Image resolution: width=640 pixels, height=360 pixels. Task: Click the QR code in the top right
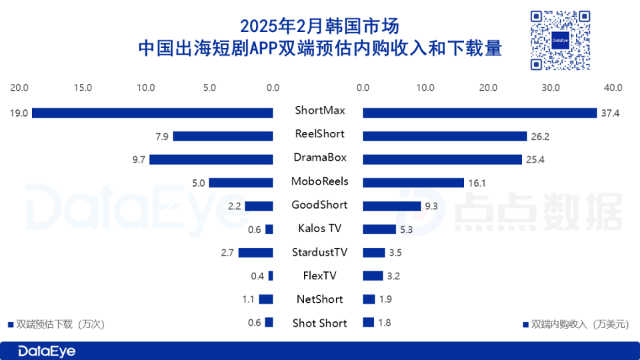tap(560, 41)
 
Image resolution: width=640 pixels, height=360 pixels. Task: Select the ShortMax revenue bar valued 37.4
tap(479, 113)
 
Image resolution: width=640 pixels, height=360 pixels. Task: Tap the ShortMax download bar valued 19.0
tap(153, 113)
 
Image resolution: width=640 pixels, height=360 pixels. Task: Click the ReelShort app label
tap(319, 134)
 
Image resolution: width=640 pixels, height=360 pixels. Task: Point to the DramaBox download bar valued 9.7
tap(211, 159)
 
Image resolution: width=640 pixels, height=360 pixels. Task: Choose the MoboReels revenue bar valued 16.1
tap(413, 182)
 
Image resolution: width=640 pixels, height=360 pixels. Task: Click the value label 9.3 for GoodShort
tap(431, 206)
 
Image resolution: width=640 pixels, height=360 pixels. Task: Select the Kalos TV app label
tap(319, 229)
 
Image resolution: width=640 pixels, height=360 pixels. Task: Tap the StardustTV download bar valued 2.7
tap(256, 253)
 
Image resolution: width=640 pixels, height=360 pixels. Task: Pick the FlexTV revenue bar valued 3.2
tap(373, 275)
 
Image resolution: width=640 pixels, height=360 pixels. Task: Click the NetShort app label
tap(319, 299)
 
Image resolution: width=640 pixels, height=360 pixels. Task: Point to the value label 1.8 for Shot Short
tap(384, 323)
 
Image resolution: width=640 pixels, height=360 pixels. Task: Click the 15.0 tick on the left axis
tap(83, 87)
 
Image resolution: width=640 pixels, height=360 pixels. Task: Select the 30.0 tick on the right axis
tap(551, 87)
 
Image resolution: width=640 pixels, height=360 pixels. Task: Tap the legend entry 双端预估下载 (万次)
tap(56, 324)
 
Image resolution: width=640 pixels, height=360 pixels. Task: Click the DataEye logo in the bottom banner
tap(47, 351)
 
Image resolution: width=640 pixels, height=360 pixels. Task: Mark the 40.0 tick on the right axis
tap(613, 87)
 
